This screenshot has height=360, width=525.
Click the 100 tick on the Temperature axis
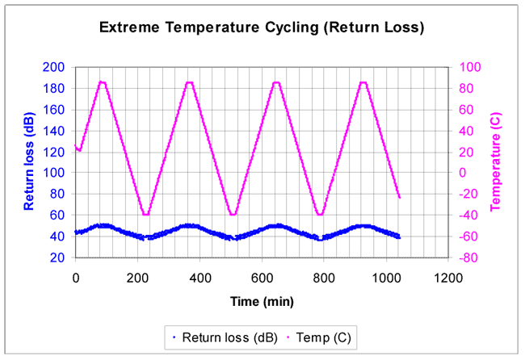pyautogui.click(x=468, y=67)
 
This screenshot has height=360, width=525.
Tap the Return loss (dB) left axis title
pyautogui.click(x=29, y=162)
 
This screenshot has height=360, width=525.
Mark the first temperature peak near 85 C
pyautogui.click(x=102, y=82)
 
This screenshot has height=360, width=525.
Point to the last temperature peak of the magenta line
pyautogui.click(x=363, y=82)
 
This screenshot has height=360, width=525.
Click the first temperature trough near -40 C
pyautogui.click(x=145, y=214)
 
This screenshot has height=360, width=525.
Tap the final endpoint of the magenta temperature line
pyautogui.click(x=399, y=197)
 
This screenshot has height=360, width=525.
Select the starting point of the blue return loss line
pyautogui.click(x=76, y=232)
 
